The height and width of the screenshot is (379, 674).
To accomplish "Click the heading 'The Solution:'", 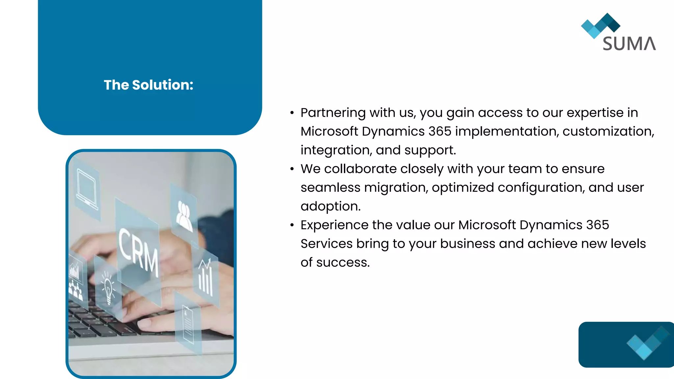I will (148, 85).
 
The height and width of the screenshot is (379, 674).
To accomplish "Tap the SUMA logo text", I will (629, 44).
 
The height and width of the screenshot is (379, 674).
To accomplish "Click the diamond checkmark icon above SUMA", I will (600, 25).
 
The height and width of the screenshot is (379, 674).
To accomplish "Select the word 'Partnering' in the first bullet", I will (333, 113).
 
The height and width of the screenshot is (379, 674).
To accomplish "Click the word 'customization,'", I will (608, 132).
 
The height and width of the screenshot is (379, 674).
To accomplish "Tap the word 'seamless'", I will (330, 188).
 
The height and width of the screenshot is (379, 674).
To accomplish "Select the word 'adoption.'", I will (330, 207).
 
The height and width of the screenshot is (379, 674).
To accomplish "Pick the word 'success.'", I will (343, 263).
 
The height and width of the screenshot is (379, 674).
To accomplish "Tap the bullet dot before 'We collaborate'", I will (292, 169).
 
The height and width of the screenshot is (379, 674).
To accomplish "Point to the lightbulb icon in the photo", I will (107, 286).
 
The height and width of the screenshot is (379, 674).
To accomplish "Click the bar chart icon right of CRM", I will (206, 278).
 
